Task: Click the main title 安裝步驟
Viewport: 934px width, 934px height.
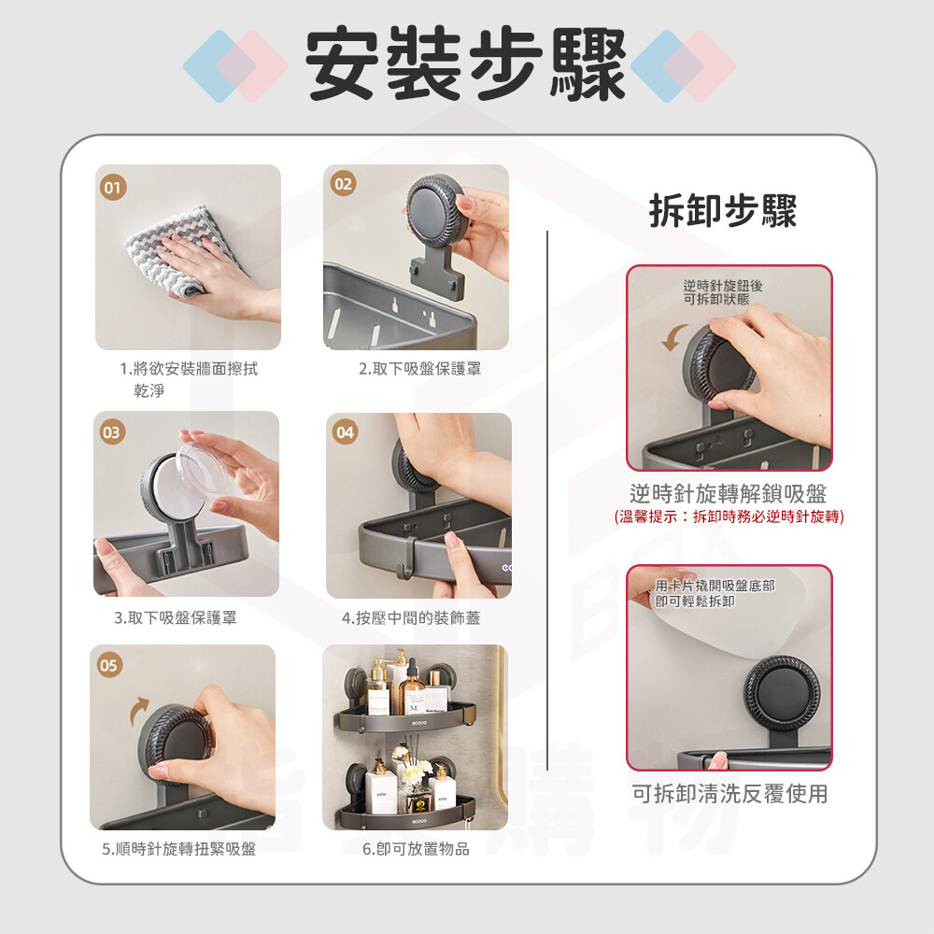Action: tap(465, 64)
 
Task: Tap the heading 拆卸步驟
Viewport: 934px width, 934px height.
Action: tap(723, 210)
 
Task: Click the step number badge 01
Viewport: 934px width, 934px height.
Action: tap(113, 187)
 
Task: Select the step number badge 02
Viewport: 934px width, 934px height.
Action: tap(343, 183)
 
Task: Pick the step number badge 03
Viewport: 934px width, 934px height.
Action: tap(112, 432)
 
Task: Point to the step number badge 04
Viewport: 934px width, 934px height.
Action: tap(345, 432)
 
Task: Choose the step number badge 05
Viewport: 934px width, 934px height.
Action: tap(109, 665)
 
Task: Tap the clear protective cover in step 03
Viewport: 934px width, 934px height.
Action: tap(203, 471)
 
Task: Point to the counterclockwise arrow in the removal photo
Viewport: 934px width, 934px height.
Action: tap(673, 337)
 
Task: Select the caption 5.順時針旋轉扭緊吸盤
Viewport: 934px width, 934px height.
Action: tap(178, 849)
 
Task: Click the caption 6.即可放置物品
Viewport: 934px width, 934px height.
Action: tap(416, 849)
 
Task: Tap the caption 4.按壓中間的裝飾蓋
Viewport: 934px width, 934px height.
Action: tap(411, 617)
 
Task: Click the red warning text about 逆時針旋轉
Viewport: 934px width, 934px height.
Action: tap(729, 517)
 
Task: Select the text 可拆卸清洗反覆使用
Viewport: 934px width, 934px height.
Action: tap(729, 793)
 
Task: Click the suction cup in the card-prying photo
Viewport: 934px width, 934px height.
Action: tap(782, 695)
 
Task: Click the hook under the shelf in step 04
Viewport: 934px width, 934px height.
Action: tap(407, 559)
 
